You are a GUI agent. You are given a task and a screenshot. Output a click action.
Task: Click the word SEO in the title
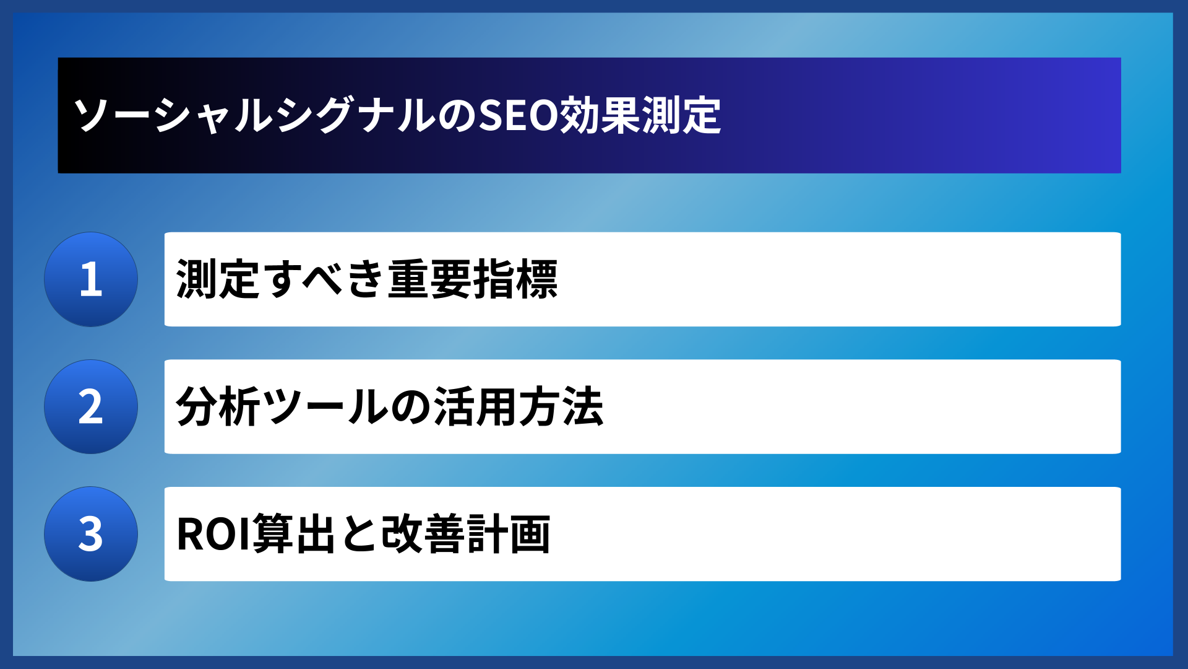(519, 116)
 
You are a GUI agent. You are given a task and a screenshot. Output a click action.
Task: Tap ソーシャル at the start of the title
(174, 116)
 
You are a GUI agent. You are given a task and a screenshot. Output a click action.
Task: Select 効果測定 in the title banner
(640, 116)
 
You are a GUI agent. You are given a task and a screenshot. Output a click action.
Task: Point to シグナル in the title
(356, 116)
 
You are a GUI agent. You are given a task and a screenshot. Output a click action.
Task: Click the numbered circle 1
(91, 279)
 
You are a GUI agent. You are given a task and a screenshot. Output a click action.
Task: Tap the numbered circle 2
(91, 407)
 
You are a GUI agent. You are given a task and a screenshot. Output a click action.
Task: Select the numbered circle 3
(91, 534)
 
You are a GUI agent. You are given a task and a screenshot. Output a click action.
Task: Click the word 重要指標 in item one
(473, 279)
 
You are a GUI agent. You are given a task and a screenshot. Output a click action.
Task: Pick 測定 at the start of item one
(218, 279)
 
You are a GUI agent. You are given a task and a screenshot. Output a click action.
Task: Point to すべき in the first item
(324, 279)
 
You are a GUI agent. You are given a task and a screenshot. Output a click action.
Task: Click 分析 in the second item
(218, 407)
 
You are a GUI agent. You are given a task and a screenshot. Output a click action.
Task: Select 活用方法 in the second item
(519, 407)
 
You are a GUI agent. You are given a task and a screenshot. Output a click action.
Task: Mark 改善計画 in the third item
(465, 534)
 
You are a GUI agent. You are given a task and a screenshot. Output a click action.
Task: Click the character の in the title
(458, 116)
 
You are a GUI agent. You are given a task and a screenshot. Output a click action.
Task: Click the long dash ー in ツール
(325, 408)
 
